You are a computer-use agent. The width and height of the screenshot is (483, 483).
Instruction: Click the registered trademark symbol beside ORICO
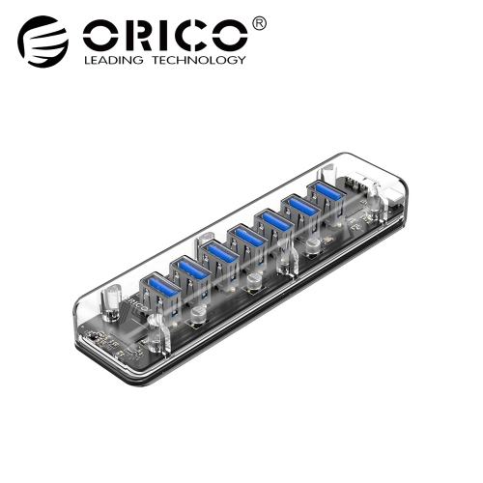259,24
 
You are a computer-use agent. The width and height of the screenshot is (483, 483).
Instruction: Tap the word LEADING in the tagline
114,60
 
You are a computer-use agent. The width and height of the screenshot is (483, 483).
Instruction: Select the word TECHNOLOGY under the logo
199,60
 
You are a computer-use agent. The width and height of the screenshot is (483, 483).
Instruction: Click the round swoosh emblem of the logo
43,41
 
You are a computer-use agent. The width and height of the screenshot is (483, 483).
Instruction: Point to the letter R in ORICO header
133,36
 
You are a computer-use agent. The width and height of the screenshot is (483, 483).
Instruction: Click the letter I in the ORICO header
158,36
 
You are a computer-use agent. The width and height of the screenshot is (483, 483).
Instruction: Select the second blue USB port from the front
189,270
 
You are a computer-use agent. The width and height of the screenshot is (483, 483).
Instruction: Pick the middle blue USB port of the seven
246,239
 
